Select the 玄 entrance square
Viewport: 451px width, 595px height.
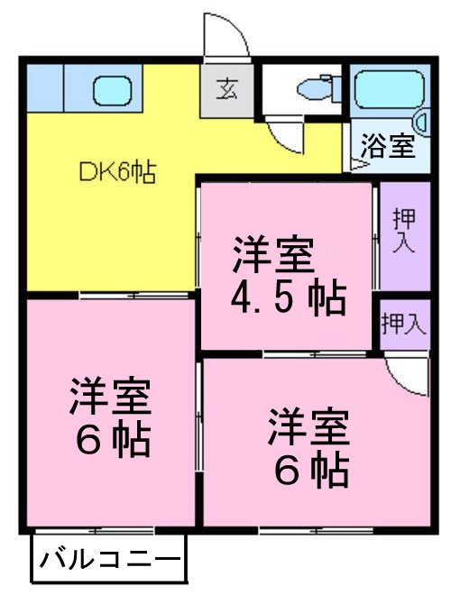click(225, 90)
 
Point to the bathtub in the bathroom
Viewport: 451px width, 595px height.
click(388, 90)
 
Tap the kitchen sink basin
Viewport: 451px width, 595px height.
click(114, 90)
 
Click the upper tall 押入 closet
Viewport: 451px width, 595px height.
click(403, 232)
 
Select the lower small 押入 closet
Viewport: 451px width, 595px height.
click(403, 324)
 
